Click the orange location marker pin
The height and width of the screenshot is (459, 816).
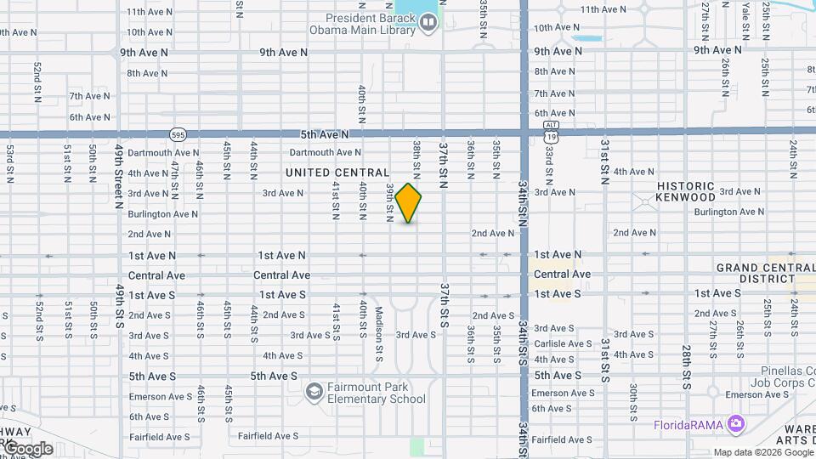(408, 203)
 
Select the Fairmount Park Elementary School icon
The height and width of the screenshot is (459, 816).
(314, 391)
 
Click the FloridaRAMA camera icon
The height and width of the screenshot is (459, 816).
(735, 423)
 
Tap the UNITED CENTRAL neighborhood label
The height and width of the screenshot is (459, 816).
(337, 173)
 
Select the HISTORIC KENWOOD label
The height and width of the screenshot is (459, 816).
(686, 191)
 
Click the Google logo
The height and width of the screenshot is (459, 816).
(27, 448)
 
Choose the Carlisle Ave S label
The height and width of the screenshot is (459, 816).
(563, 343)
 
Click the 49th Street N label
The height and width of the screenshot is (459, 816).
(120, 176)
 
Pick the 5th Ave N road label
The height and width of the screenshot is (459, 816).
(324, 134)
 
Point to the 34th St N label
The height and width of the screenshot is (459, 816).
(523, 204)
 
